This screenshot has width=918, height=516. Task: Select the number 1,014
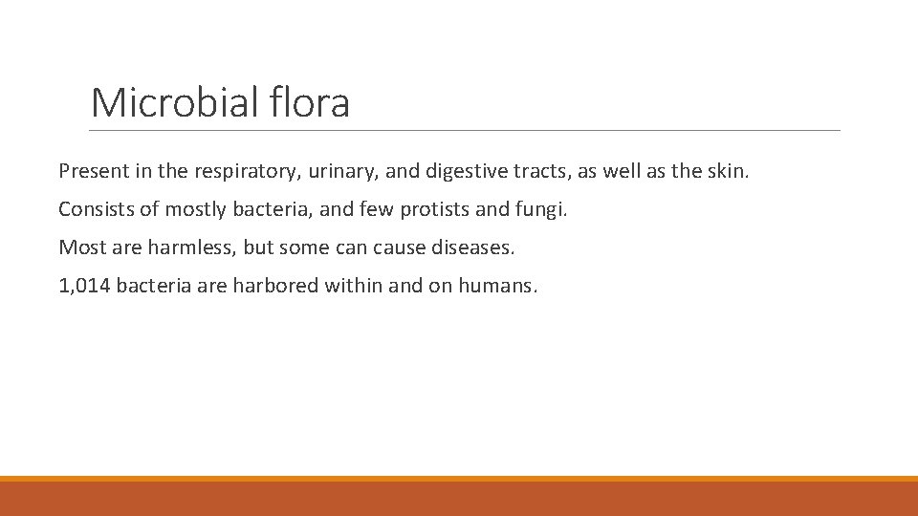83,287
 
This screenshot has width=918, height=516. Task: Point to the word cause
394,248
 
